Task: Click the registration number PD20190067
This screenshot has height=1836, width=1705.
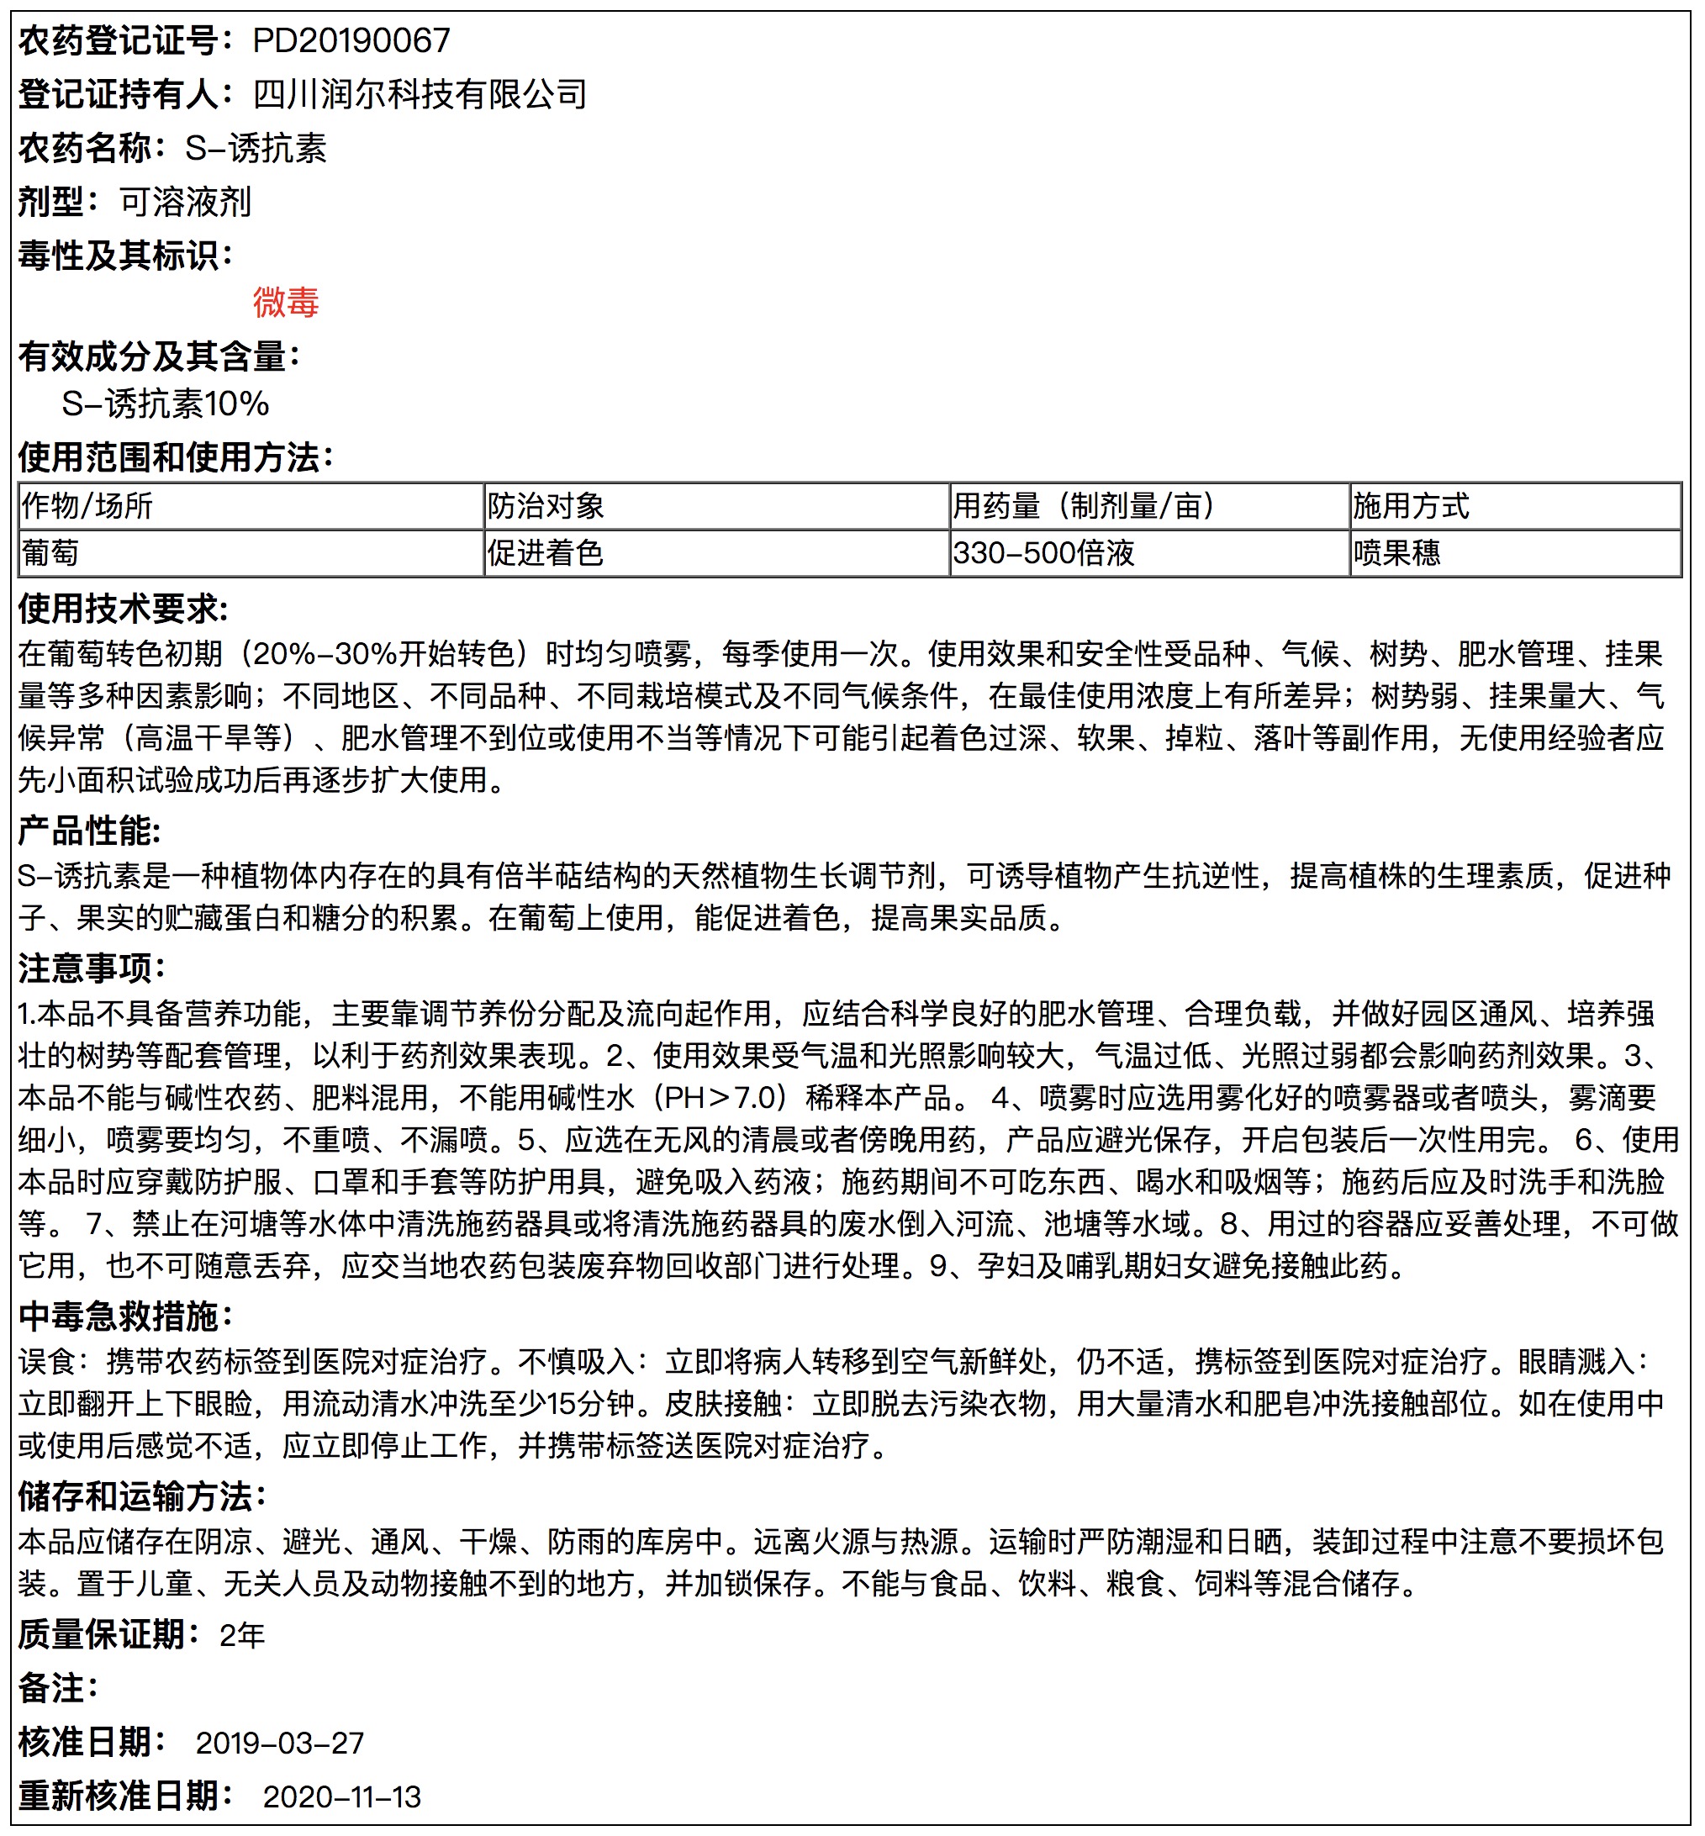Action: pyautogui.click(x=351, y=40)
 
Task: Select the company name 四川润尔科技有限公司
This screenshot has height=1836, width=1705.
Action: pyautogui.click(x=420, y=94)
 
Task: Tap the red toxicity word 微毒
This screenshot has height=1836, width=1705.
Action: pyautogui.click(x=286, y=303)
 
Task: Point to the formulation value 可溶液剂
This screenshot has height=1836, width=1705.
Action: pyautogui.click(x=186, y=202)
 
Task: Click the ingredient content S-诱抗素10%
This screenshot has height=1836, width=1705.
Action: pyautogui.click(x=165, y=404)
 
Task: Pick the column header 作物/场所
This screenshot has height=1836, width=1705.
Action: pyautogui.click(x=87, y=505)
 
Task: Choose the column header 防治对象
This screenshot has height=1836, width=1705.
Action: pyautogui.click(x=546, y=505)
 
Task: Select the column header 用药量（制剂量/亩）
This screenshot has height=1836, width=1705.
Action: pyautogui.click(x=1083, y=505)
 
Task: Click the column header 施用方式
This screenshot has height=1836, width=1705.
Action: pyautogui.click(x=1411, y=505)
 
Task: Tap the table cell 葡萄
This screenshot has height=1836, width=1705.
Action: pyautogui.click(x=50, y=552)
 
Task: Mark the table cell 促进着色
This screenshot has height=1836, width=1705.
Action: pyautogui.click(x=546, y=552)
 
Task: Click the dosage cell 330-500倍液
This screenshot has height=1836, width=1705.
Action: pyautogui.click(x=1043, y=552)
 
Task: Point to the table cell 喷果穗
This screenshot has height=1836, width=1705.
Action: pyautogui.click(x=1396, y=552)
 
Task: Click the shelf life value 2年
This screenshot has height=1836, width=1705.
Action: pyautogui.click(x=243, y=1635)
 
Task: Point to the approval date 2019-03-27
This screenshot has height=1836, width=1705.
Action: pyautogui.click(x=280, y=1743)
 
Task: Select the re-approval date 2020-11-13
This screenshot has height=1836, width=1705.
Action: pyautogui.click(x=342, y=1796)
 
